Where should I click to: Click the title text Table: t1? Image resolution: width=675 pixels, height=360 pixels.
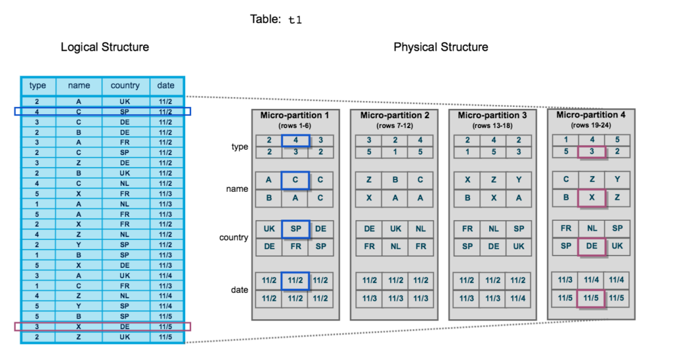pyautogui.click(x=276, y=19)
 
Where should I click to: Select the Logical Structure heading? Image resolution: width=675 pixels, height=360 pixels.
pyautogui.click(x=105, y=47)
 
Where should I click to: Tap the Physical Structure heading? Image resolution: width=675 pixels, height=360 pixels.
pyautogui.click(x=440, y=47)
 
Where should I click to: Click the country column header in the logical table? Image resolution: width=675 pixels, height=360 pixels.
pyautogui.click(x=125, y=85)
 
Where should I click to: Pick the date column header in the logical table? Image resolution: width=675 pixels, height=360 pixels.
pyautogui.click(x=166, y=85)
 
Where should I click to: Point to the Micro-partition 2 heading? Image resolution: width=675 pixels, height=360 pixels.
pyautogui.click(x=394, y=115)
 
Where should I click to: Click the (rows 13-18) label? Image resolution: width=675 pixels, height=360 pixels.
pyautogui.click(x=492, y=125)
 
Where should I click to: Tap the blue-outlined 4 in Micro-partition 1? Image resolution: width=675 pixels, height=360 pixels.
pyautogui.click(x=295, y=140)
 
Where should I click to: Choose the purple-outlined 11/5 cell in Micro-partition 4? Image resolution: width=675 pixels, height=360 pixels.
pyautogui.click(x=591, y=298)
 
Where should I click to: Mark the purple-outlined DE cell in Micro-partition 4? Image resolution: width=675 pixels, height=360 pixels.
pyautogui.click(x=591, y=245)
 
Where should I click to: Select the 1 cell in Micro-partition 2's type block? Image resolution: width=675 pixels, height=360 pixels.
pyautogui.click(x=394, y=152)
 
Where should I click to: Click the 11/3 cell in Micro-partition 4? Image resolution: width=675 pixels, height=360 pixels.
pyautogui.click(x=565, y=280)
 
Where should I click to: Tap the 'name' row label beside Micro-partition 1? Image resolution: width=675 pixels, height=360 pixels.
pyautogui.click(x=237, y=189)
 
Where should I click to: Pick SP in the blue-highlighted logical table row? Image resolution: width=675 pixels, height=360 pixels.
pyautogui.click(x=125, y=112)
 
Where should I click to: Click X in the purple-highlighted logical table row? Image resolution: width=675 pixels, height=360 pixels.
pyautogui.click(x=79, y=326)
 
